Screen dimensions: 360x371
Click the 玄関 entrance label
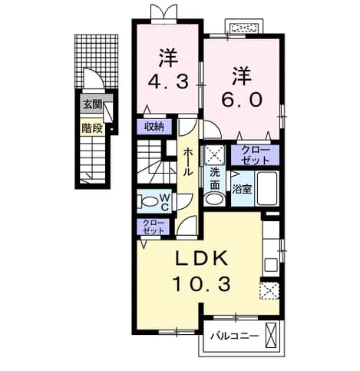[92, 104]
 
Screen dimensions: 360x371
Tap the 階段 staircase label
[92, 128]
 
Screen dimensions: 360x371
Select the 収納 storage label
[154, 127]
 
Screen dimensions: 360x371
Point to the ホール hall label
[188, 162]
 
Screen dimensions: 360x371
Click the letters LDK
[202, 258]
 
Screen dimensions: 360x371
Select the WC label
[164, 202]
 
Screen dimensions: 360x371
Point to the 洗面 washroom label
[215, 179]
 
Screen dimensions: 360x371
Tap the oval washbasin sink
[215, 199]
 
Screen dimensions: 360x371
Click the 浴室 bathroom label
[242, 189]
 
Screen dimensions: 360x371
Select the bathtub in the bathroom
[267, 189]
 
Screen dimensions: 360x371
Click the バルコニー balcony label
[235, 336]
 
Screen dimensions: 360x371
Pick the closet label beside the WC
[154, 227]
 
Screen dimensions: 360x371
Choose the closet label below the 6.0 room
[256, 156]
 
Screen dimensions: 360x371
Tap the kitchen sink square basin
[271, 265]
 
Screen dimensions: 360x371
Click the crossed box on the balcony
[271, 336]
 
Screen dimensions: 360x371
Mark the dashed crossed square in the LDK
[269, 291]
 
